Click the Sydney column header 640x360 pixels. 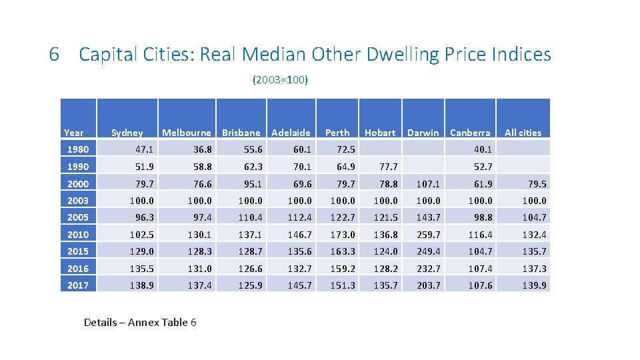click(x=127, y=133)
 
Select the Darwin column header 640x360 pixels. click(x=423, y=133)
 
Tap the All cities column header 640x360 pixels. click(x=523, y=133)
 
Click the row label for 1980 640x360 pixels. click(x=78, y=149)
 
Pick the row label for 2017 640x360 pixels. click(x=78, y=285)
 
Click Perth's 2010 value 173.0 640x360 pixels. click(x=342, y=235)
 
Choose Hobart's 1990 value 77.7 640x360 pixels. click(x=387, y=167)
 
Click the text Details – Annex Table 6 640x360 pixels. click(x=140, y=323)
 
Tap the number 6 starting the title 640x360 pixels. click(x=55, y=55)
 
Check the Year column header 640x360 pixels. click(x=73, y=133)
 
